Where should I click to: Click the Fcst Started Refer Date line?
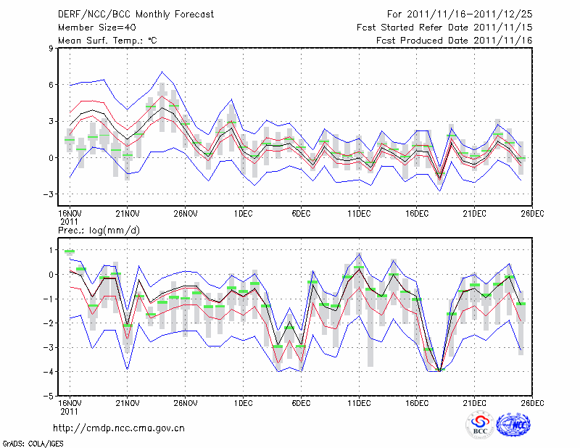[444, 28]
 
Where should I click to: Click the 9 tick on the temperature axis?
[51, 49]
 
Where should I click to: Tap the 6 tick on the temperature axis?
[51, 85]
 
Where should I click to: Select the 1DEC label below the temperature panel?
[244, 215]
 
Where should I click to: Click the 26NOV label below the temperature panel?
[186, 215]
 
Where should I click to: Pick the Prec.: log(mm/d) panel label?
[99, 231]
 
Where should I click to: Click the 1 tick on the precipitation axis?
[51, 250]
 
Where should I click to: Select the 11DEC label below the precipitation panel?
[359, 402]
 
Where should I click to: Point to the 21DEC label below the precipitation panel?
[475, 402]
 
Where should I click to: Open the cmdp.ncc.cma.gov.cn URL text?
[120, 428]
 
